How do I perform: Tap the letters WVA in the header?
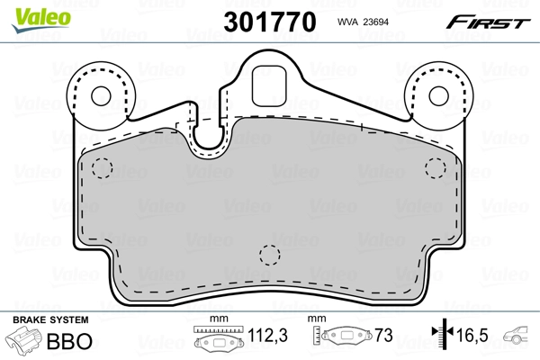[x=348, y=22]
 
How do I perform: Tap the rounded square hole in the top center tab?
[x=269, y=85]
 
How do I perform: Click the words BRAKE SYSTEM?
[x=49, y=321]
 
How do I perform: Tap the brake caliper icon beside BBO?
[x=27, y=342]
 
